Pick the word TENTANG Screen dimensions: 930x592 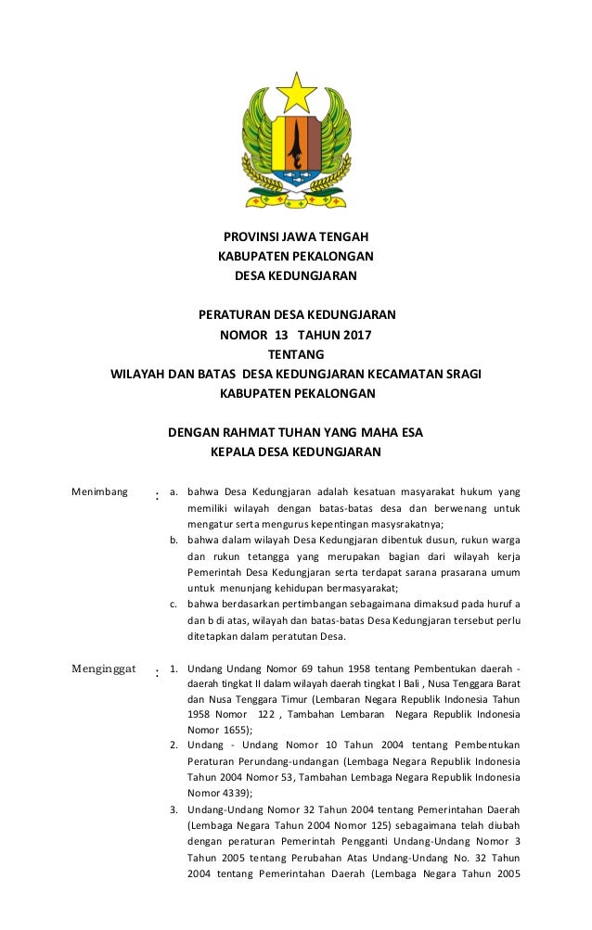(296, 354)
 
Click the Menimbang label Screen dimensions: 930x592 (99, 490)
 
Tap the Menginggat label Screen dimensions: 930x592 (104, 668)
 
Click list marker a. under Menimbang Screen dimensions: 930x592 (174, 490)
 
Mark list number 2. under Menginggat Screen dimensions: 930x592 (174, 745)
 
